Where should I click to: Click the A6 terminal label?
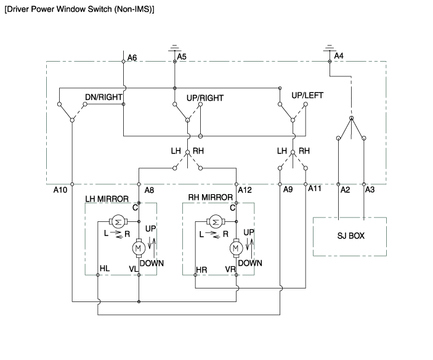132,58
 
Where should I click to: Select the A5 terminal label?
182,57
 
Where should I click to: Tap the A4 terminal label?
338,55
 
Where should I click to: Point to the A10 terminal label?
60,190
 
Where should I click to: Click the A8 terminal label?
149,190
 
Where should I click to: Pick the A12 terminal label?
245,190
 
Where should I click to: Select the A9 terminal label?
288,190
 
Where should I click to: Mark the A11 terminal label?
315,187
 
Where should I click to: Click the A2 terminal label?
346,190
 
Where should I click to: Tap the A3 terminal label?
370,190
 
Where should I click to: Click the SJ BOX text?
350,236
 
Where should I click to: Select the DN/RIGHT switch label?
103,97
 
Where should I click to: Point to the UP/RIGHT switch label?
204,97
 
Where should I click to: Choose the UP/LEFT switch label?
307,95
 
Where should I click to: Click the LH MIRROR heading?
107,198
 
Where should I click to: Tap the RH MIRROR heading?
210,198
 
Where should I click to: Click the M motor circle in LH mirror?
138,248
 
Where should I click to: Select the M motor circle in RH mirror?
235,248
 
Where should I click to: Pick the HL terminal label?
105,270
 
